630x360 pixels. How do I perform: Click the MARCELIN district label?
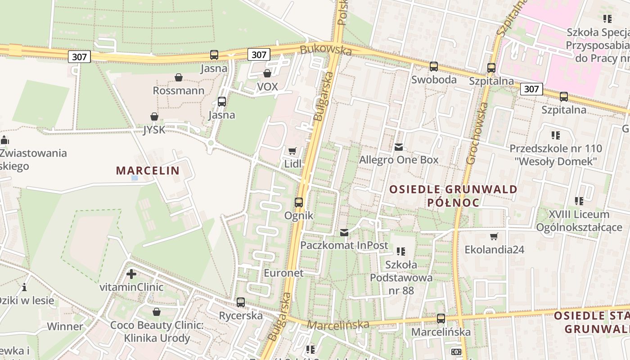coord(148,171)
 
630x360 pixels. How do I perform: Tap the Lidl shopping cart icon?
coord(292,151)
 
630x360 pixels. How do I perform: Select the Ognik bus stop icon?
coord(299,202)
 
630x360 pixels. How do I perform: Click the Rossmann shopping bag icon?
coord(179,78)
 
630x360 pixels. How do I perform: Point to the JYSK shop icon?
coord(154,117)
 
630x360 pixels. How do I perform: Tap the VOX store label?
coord(267,86)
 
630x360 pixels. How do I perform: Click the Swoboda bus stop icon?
coord(434,67)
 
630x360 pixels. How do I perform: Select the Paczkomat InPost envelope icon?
coord(344,233)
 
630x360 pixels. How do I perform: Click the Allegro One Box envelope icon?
coord(398,147)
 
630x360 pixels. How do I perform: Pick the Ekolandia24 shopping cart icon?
coord(494,236)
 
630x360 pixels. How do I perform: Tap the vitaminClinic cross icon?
coord(131,274)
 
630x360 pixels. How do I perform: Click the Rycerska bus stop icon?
coord(241,302)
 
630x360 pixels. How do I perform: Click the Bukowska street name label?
coord(326,50)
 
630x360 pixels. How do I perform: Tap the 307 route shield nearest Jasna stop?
coord(259,55)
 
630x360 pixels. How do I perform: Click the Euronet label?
coord(283,273)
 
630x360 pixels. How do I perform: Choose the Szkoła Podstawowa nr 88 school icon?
coord(401,252)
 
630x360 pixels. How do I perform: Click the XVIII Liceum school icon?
coord(579,201)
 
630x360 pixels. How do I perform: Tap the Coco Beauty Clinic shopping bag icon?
coord(157,312)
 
